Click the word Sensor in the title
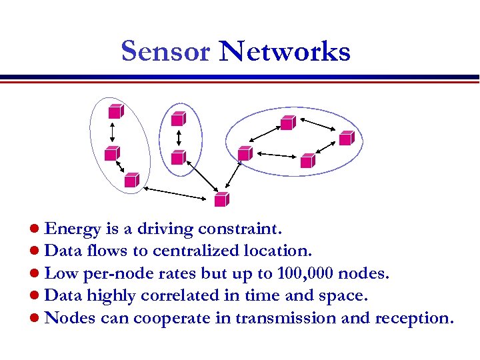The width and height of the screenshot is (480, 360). coord(165,51)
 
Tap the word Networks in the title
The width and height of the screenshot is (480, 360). coord(285,51)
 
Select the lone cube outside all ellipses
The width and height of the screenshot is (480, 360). coord(221,199)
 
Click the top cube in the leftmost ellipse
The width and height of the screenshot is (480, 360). coord(115,111)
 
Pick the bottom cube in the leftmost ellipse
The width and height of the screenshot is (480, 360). coord(131,179)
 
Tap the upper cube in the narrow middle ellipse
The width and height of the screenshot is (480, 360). coord(177,119)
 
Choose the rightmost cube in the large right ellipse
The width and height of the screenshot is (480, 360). coord(346,138)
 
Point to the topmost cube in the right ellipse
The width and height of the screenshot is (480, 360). coord(287,122)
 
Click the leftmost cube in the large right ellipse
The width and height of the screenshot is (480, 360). coord(245,153)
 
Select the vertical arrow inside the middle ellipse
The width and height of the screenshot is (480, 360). coord(179,138)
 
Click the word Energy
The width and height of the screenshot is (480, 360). coord(72,230)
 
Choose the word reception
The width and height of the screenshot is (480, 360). coord(413,318)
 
